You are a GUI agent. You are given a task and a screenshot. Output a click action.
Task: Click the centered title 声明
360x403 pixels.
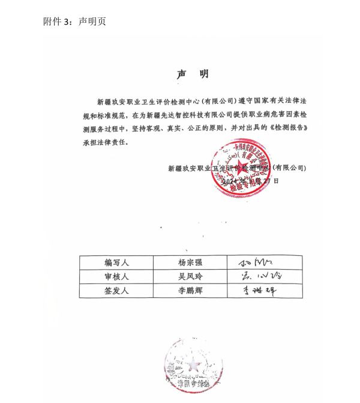pyautogui.click(x=193, y=74)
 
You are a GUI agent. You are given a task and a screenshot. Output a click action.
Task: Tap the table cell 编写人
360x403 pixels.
pyautogui.click(x=116, y=262)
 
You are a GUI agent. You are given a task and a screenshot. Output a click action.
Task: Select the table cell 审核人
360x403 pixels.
pyautogui.click(x=116, y=277)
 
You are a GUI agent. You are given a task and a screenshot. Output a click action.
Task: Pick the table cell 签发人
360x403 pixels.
pyautogui.click(x=116, y=291)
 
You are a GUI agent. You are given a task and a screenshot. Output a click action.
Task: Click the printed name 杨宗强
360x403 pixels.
pyautogui.click(x=190, y=262)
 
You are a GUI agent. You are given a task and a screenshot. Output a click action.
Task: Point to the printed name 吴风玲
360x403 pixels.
pyautogui.click(x=190, y=277)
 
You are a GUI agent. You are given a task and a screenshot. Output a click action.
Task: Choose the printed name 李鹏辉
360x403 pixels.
pyautogui.click(x=190, y=291)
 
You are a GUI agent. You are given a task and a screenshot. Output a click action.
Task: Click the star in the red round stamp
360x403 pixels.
pyautogui.click(x=243, y=166)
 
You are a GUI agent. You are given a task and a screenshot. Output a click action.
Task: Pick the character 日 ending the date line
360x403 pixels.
pyautogui.click(x=277, y=180)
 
